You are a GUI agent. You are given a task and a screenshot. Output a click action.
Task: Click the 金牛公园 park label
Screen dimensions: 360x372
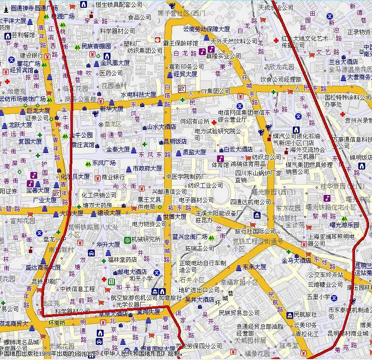79,135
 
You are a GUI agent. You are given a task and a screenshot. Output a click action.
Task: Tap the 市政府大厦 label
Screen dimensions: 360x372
147,168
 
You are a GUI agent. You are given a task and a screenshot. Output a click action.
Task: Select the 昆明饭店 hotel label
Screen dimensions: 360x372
175,141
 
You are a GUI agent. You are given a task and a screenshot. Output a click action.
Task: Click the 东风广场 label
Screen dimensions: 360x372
104,163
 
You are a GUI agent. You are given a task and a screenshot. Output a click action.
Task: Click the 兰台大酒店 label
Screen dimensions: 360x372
343,62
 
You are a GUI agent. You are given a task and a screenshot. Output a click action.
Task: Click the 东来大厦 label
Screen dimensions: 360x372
254,267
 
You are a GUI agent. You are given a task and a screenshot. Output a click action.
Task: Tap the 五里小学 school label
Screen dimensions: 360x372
319,296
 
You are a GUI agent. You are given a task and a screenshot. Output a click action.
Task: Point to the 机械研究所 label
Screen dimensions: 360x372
146,239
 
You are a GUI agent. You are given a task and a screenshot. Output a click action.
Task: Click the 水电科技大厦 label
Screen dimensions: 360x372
139,95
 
